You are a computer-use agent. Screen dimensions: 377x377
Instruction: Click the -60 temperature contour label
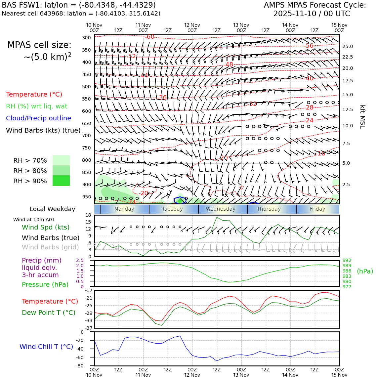point(150,37)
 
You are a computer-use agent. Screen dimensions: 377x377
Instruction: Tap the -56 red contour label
point(309,46)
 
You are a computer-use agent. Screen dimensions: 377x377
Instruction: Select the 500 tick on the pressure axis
point(87,87)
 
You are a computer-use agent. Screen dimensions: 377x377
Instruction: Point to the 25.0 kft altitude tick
point(347,46)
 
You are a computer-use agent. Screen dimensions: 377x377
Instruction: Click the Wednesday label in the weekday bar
point(221,209)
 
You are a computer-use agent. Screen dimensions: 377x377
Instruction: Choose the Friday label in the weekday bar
point(317,209)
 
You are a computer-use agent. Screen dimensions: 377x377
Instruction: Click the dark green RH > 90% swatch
point(61,181)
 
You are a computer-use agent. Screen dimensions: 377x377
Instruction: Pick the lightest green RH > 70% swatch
point(61,160)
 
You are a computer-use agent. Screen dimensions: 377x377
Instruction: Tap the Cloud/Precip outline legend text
point(38,118)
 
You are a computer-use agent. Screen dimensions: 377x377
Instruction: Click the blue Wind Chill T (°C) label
point(46,347)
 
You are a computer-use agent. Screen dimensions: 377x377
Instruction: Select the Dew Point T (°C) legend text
point(49,313)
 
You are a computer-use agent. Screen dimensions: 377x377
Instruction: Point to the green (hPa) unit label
point(365,271)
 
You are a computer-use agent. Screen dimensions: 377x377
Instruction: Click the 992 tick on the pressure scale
point(347,260)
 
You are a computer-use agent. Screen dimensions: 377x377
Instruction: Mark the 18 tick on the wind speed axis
point(88,215)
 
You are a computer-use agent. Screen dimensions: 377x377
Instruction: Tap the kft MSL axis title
point(362,117)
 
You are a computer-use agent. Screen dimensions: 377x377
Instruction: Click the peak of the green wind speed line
point(217,217)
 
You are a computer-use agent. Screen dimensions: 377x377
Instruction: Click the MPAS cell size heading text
point(39,45)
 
